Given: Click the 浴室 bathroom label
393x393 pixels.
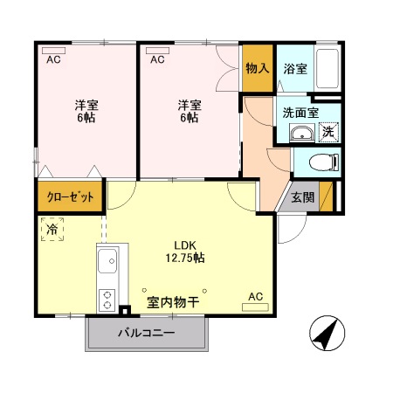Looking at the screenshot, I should tap(295, 69).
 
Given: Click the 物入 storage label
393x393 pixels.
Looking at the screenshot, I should tap(257, 69).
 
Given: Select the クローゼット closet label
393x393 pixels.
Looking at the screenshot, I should tap(70, 197).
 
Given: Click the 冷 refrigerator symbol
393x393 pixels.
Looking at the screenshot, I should tap(52, 228).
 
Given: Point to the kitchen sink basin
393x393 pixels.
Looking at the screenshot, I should tap(110, 260).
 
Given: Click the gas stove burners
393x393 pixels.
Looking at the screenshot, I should tap(108, 300).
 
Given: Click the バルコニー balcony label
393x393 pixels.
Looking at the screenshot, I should tap(147, 334).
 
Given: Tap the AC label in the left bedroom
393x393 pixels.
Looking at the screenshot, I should tap(52, 60).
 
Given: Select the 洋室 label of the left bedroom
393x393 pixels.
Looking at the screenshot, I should tap(86, 105).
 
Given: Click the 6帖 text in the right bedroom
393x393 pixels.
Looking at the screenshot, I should tap(189, 118).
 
